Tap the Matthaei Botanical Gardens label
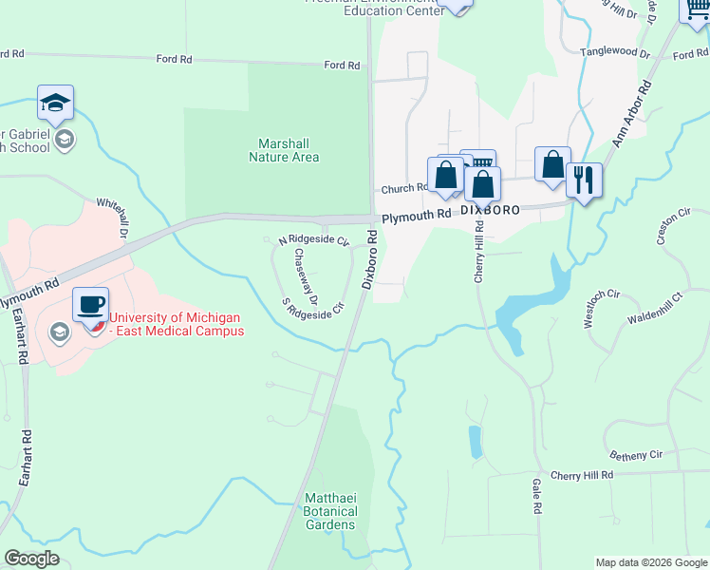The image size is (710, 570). [x=329, y=511]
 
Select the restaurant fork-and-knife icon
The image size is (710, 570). [x=584, y=180]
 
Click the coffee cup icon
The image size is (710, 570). [x=90, y=305]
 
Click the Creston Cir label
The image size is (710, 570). [x=667, y=229]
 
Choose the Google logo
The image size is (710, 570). [x=32, y=559]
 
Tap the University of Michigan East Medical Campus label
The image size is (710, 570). [x=176, y=324]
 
